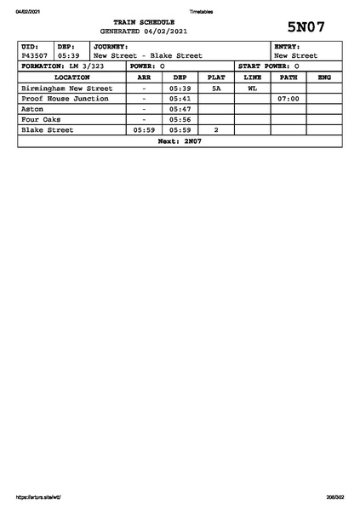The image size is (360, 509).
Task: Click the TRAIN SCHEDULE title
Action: (x=143, y=21)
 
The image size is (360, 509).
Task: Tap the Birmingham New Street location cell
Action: (x=66, y=88)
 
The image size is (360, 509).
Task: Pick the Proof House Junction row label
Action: (x=65, y=99)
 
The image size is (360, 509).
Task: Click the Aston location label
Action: (x=31, y=109)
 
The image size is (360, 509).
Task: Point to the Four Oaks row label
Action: (x=41, y=120)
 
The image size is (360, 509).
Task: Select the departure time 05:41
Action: (x=180, y=99)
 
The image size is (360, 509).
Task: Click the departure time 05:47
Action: (x=180, y=109)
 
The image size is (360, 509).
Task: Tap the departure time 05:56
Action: (x=180, y=120)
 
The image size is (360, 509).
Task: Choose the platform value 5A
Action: (x=216, y=88)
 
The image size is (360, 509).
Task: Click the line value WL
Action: (x=252, y=88)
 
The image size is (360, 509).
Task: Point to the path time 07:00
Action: (x=289, y=99)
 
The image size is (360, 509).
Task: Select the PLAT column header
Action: (x=216, y=77)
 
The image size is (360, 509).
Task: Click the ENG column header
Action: (x=324, y=77)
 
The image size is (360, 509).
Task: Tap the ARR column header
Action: (x=144, y=77)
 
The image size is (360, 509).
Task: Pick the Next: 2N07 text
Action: (x=180, y=141)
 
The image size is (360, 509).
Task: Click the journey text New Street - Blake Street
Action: (x=147, y=55)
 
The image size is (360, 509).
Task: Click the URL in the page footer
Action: (x=37, y=496)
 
